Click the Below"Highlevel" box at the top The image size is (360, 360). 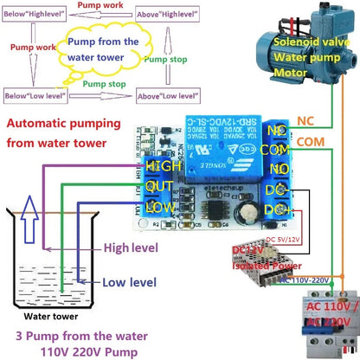37,15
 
